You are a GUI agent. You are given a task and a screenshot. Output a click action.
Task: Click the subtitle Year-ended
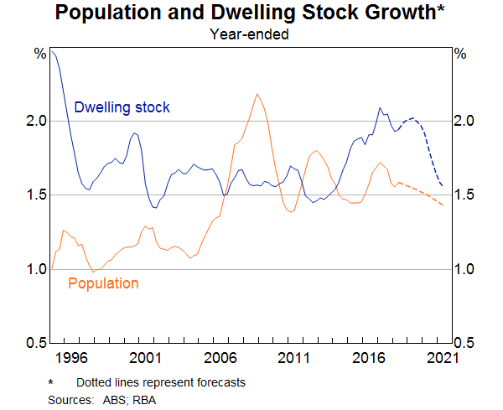click(251, 34)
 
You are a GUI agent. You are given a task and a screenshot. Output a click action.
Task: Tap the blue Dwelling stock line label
click(122, 107)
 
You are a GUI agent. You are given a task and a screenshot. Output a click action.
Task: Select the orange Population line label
click(102, 283)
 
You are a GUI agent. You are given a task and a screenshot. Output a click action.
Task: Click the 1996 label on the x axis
click(74, 359)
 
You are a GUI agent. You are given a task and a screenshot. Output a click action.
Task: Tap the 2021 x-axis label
click(440, 359)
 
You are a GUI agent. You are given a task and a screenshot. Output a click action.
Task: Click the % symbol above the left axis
click(39, 54)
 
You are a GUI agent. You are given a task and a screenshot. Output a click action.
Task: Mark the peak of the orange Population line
click(257, 94)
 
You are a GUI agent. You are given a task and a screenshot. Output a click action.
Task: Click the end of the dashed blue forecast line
click(443, 186)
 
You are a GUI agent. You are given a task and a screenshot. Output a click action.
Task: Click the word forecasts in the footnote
click(218, 382)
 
